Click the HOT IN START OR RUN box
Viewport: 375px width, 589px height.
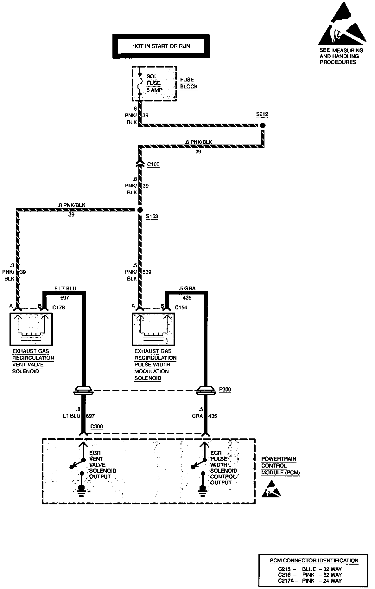coord(161,46)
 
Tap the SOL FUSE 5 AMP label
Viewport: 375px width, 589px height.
coord(154,83)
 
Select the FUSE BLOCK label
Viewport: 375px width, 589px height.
coord(189,83)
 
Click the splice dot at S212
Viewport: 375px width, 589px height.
coord(262,125)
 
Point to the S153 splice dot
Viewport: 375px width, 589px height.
coord(140,210)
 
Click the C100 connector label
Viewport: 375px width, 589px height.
coord(153,165)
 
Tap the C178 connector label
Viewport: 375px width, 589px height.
coord(59,307)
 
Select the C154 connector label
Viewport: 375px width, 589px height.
coord(181,307)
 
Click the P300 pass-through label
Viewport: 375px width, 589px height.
coord(225,390)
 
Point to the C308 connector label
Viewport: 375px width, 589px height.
coord(97,426)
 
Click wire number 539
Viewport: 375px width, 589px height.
coord(147,272)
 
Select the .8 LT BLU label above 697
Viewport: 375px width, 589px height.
coord(65,288)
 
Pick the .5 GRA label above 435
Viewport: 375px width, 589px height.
coord(187,288)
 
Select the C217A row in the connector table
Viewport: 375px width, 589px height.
coord(310,581)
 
